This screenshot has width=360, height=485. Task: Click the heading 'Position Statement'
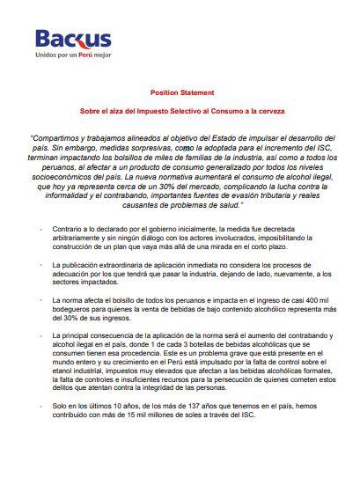click(179, 92)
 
